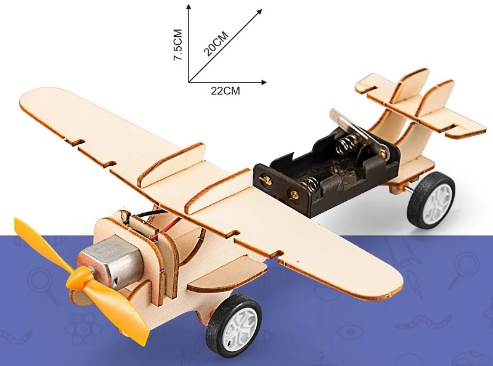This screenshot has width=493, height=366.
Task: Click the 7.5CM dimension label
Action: pyautogui.click(x=178, y=44)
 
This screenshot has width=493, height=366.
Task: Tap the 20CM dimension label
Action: pyautogui.click(x=217, y=43)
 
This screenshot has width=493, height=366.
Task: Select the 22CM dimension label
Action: pyautogui.click(x=225, y=91)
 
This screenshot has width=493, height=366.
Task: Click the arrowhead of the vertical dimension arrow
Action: pyautogui.click(x=189, y=7)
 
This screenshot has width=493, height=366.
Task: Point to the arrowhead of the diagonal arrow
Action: pyautogui.click(x=259, y=12)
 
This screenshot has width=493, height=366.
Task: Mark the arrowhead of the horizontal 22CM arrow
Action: pyautogui.click(x=264, y=83)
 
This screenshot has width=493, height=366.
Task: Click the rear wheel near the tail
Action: pyautogui.click(x=432, y=199)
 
